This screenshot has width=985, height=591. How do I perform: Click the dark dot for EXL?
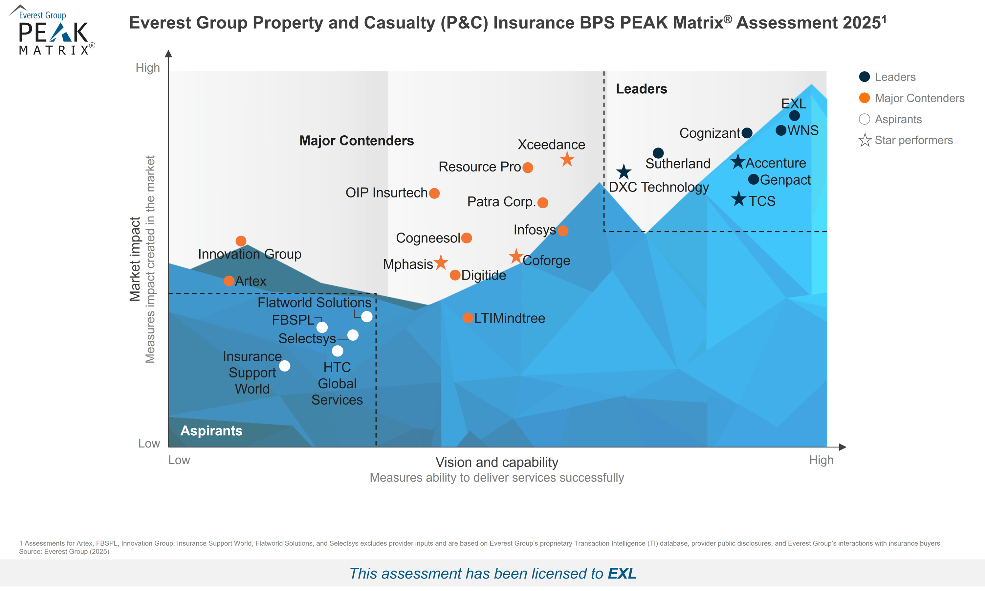(x=794, y=116)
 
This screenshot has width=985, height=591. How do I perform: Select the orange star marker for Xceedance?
(x=567, y=159)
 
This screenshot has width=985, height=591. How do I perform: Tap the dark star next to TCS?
(x=739, y=199)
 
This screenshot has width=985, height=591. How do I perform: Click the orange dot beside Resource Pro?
(x=528, y=168)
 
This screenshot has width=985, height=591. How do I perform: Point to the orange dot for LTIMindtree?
(x=468, y=318)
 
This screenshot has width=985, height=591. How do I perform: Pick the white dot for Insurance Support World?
(x=285, y=366)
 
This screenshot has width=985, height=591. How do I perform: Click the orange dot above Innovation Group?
(x=241, y=241)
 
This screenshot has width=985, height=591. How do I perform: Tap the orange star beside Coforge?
(x=516, y=257)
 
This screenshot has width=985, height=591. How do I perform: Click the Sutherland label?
(x=677, y=164)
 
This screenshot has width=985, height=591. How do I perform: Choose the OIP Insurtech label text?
(x=386, y=193)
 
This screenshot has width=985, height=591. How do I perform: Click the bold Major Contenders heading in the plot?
(x=356, y=141)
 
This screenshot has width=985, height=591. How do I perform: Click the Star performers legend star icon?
(x=865, y=140)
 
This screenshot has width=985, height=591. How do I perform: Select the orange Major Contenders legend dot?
(x=864, y=98)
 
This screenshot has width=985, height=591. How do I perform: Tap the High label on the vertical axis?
(x=148, y=68)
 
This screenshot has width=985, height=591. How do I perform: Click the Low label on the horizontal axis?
(x=179, y=460)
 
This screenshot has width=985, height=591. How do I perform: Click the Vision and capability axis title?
(x=496, y=462)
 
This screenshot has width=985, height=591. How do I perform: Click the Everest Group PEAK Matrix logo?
(x=52, y=30)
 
